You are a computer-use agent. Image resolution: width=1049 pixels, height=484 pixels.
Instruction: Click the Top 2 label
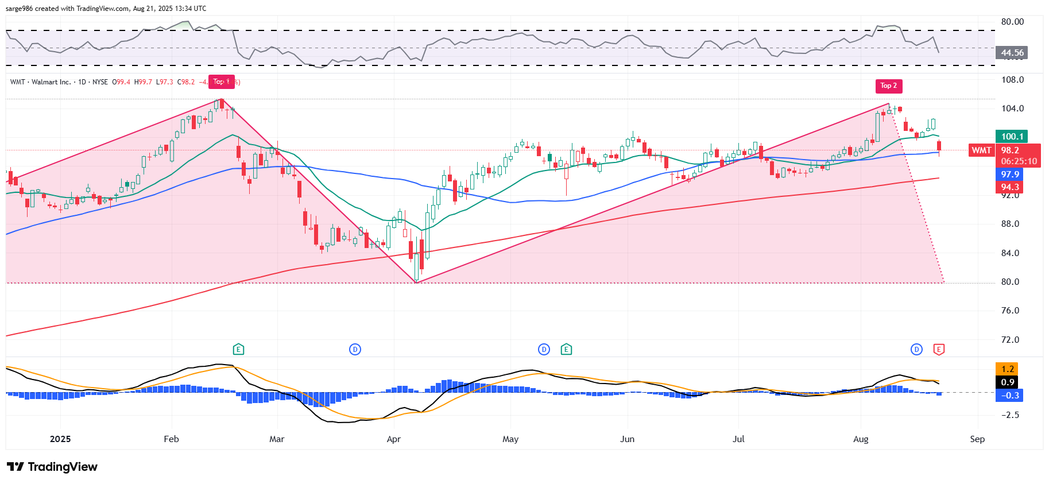click(x=888, y=86)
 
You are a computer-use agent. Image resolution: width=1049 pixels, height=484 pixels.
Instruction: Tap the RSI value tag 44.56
click(x=1011, y=53)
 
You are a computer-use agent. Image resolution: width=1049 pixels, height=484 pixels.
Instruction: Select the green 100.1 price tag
click(x=1012, y=137)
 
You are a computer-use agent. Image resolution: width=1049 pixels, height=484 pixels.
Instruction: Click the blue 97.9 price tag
click(x=1009, y=175)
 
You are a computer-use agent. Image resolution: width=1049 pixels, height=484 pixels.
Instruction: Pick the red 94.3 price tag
click(x=1009, y=187)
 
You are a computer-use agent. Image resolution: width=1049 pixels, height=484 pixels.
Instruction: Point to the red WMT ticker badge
click(x=981, y=150)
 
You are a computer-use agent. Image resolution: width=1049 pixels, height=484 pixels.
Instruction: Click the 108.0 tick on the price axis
click(x=1012, y=80)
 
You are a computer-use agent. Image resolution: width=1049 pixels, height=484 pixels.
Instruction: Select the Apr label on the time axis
click(x=393, y=439)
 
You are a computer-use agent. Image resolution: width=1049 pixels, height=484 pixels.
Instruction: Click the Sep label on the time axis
click(x=977, y=439)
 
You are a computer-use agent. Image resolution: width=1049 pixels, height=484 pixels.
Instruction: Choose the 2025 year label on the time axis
click(x=60, y=439)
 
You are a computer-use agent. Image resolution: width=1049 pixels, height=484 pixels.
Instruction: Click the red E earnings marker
click(x=939, y=349)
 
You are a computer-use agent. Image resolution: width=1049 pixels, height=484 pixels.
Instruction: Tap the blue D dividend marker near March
click(x=355, y=349)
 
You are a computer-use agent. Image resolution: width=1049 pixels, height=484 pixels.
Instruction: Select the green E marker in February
click(x=238, y=349)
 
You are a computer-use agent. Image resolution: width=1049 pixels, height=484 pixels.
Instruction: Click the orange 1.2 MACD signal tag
click(x=1007, y=369)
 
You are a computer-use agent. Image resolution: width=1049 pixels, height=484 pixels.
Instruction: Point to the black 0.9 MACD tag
click(x=1007, y=382)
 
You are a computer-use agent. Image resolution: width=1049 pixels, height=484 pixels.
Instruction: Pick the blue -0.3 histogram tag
click(x=1009, y=396)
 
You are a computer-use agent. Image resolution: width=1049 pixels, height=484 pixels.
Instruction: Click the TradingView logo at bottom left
click(x=52, y=467)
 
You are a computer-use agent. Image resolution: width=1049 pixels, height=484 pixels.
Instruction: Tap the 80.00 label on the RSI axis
click(x=1012, y=22)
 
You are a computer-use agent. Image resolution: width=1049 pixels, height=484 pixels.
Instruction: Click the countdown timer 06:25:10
click(x=1019, y=161)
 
